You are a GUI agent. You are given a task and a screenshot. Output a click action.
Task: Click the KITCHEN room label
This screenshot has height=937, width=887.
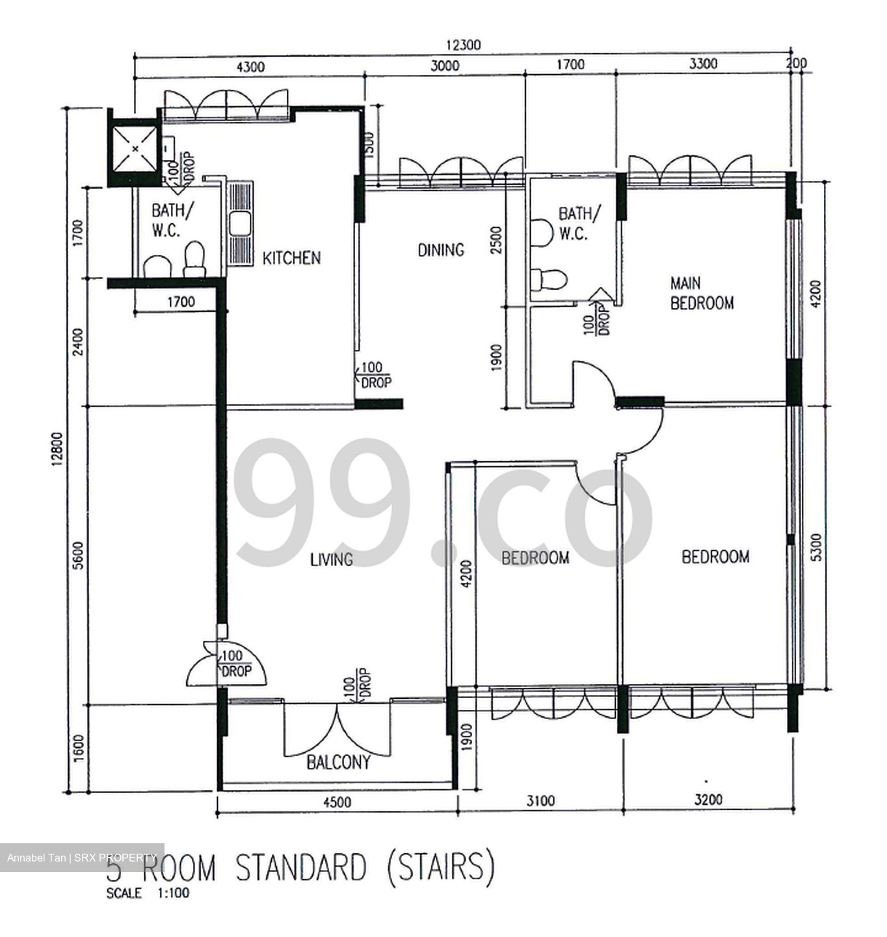click(291, 258)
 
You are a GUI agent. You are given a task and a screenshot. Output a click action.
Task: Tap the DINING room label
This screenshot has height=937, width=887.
click(440, 250)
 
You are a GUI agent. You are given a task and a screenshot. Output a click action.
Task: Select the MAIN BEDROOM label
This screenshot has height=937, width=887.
click(702, 293)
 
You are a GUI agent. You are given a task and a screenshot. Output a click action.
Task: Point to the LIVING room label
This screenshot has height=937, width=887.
click(331, 559)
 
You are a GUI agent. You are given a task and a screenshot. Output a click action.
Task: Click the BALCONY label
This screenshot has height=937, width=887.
click(338, 762)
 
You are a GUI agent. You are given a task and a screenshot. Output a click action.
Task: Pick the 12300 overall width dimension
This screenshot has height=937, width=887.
click(463, 45)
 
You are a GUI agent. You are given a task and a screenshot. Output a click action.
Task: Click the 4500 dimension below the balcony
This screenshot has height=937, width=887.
click(337, 802)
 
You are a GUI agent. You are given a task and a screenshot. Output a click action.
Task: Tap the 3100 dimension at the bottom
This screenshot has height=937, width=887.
click(540, 800)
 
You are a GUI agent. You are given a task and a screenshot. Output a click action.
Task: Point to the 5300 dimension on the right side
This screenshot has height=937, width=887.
click(817, 547)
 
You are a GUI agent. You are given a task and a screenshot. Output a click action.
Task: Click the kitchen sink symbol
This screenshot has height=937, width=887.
click(239, 224)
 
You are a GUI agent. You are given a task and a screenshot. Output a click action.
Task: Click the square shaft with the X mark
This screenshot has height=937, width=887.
click(135, 148)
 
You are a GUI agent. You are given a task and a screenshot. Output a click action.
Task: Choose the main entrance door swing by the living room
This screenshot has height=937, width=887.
click(226, 667)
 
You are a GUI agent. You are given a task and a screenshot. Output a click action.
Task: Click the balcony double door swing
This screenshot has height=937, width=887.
click(338, 729)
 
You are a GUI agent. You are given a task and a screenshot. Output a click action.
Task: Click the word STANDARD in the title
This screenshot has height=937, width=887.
click(300, 869)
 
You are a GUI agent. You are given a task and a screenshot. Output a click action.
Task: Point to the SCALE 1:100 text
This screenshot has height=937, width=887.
click(148, 893)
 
